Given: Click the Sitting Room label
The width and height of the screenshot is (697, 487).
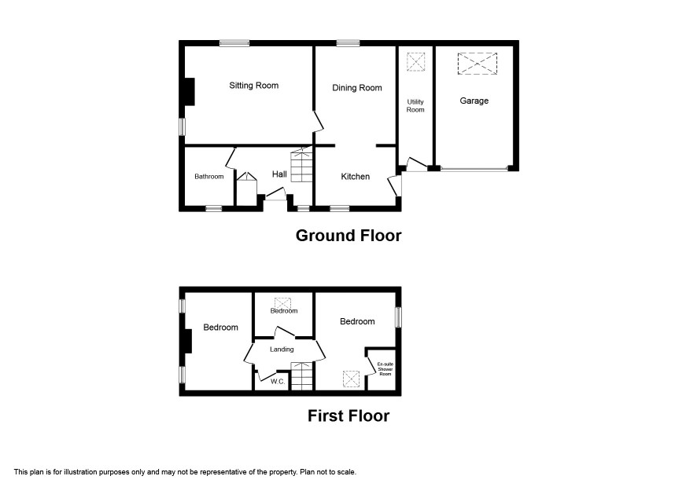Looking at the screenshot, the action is pyautogui.click(x=254, y=86).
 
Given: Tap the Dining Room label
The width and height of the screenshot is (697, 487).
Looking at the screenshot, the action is pyautogui.click(x=357, y=88).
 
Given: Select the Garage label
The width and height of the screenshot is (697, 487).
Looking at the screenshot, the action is pyautogui.click(x=474, y=101).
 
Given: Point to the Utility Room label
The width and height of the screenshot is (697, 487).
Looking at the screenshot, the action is pyautogui.click(x=415, y=106).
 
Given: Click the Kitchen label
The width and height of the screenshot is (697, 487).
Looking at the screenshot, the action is pyautogui.click(x=355, y=177).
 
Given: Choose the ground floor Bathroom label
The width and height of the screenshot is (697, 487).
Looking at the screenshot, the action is pyautogui.click(x=209, y=177).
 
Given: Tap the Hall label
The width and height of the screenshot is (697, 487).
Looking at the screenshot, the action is pyautogui.click(x=279, y=174).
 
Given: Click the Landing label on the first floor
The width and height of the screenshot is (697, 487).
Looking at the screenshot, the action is pyautogui.click(x=282, y=350).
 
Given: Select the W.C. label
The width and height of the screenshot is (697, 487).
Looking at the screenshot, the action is pyautogui.click(x=278, y=381).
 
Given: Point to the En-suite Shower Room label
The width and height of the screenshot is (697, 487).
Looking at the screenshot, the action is pyautogui.click(x=385, y=369).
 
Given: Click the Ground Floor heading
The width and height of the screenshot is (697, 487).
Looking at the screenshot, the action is pyautogui.click(x=348, y=236).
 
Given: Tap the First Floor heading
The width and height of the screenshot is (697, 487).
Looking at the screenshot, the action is pyautogui.click(x=348, y=416).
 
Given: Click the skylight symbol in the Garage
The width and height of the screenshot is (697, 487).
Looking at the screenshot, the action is pyautogui.click(x=478, y=63).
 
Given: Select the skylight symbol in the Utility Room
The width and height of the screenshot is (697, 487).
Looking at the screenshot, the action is pyautogui.click(x=415, y=62).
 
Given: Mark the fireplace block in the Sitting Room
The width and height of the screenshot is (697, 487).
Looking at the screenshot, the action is pyautogui.click(x=190, y=92).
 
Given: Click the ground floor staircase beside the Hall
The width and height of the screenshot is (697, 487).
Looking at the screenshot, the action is pyautogui.click(x=302, y=165).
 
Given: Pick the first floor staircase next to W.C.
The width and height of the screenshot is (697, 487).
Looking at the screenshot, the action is pyautogui.click(x=302, y=376).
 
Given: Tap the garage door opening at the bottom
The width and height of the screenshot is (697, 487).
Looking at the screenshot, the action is pyautogui.click(x=474, y=169).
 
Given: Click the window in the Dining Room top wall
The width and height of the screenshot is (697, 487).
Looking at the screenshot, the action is pyautogui.click(x=348, y=43).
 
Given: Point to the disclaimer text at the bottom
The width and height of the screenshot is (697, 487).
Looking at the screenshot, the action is pyautogui.click(x=185, y=472).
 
